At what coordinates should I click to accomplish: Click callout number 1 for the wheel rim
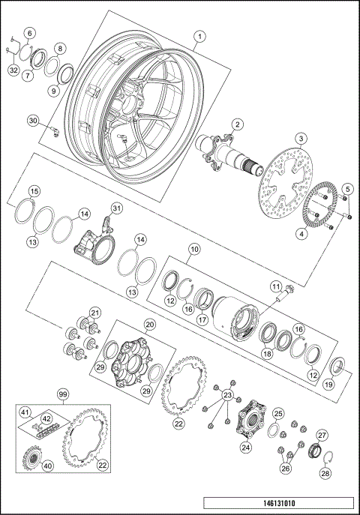199,35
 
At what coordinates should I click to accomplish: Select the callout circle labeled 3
299,138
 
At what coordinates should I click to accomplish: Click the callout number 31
115,208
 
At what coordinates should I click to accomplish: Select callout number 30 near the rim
32,120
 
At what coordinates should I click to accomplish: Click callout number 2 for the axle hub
236,124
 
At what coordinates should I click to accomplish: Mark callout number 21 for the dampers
94,313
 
